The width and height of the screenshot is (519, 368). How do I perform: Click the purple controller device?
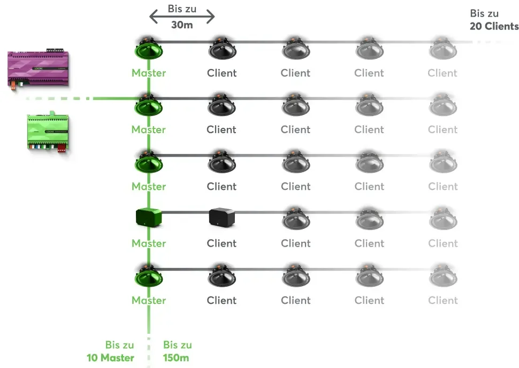38,68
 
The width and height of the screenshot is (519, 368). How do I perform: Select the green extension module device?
48,132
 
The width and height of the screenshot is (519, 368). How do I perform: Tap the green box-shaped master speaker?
149,217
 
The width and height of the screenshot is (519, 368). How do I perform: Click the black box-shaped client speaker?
222,217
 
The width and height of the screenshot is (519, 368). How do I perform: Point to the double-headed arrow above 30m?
182,17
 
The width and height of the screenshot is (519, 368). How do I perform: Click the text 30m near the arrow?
182,25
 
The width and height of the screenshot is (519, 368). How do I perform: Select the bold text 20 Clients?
494,26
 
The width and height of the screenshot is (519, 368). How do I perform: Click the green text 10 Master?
110,358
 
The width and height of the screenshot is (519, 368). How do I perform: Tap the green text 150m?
175,358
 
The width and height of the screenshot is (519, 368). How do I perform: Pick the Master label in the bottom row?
149,300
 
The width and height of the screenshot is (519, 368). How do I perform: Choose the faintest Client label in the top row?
442,73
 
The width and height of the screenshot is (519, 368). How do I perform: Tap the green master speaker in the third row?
149,162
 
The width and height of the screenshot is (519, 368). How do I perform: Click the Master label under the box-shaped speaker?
149,243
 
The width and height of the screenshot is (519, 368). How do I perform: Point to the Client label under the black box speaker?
222,243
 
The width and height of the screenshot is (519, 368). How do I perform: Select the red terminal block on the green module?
62,148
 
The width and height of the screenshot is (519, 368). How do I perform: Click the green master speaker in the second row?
149,105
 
